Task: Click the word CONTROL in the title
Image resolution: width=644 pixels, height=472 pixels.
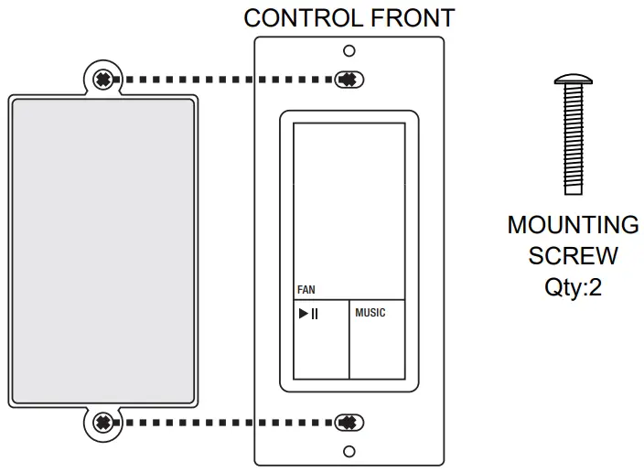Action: [293, 17]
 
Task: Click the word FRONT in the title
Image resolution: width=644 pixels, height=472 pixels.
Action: [409, 17]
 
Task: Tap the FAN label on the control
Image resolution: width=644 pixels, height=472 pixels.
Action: [306, 290]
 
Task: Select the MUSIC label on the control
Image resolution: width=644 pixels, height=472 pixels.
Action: [370, 313]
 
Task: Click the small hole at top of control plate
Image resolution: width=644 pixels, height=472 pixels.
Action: [349, 51]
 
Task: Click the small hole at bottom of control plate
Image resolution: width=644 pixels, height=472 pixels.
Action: [349, 451]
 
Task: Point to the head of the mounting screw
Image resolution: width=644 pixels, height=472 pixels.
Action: [573, 80]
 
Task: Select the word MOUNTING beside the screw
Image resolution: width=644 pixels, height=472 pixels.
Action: [574, 225]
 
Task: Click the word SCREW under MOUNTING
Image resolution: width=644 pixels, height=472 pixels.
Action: [574, 255]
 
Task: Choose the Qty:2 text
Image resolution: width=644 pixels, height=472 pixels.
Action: [574, 286]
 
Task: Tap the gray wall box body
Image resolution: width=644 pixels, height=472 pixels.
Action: [102, 252]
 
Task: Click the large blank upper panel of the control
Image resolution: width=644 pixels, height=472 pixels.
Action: [349, 201]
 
